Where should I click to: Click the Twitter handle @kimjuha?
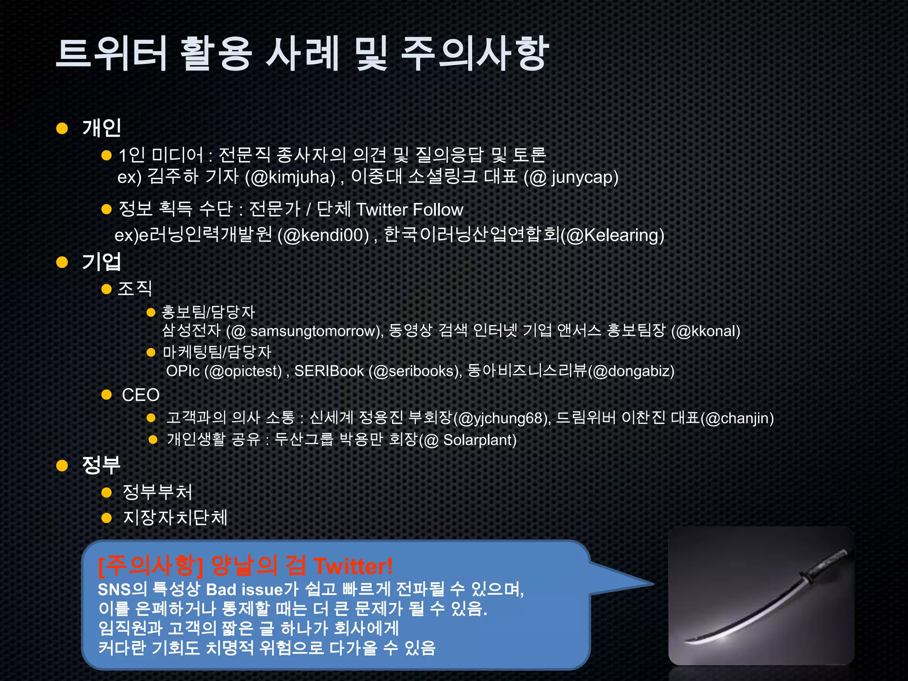pyautogui.click(x=293, y=177)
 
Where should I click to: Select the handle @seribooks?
pyautogui.click(x=415, y=371)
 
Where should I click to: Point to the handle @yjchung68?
pyautogui.click(x=501, y=418)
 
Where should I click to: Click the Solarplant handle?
pyautogui.click(x=479, y=440)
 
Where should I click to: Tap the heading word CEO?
pyautogui.click(x=141, y=395)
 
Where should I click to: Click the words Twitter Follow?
pyautogui.click(x=410, y=210)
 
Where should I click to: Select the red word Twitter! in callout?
pyautogui.click(x=353, y=566)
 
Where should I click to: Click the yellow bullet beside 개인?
pyautogui.click(x=62, y=129)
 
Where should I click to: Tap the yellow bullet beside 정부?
pyautogui.click(x=62, y=466)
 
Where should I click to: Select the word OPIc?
pyautogui.click(x=183, y=371)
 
